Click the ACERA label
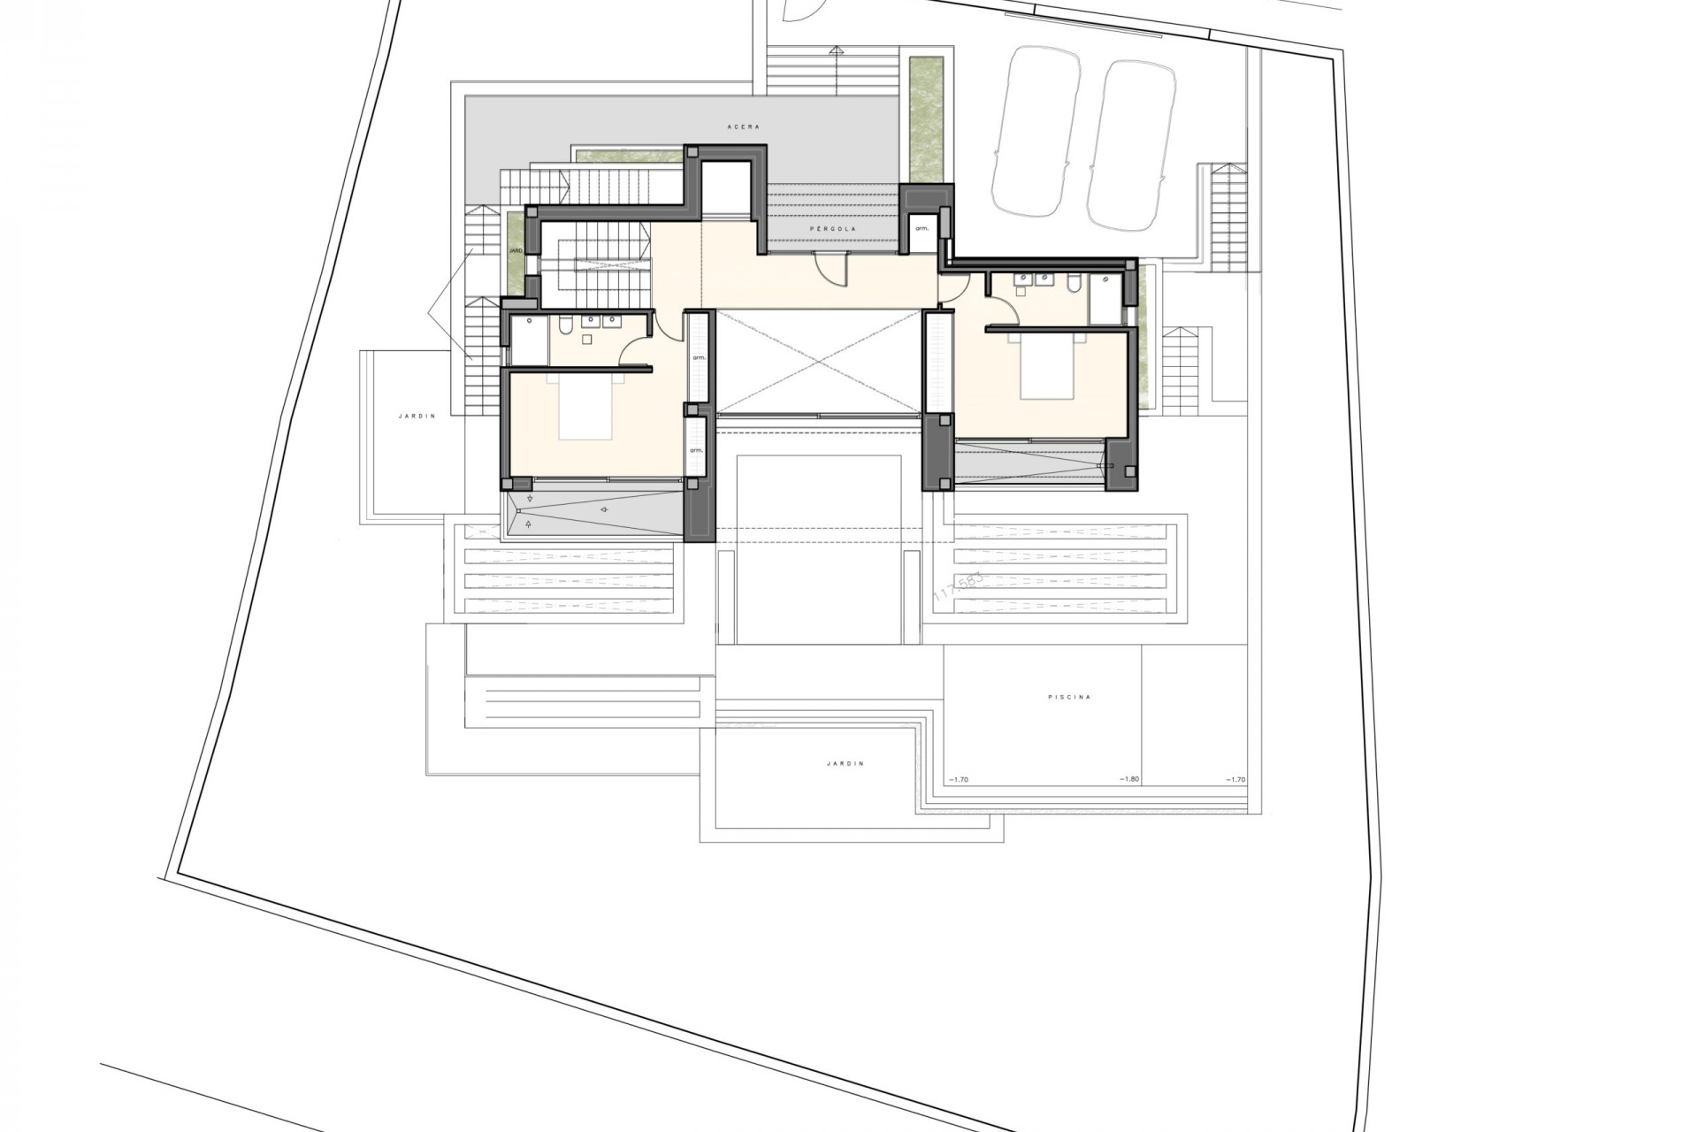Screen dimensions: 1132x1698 click(743, 127)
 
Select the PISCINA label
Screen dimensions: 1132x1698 click(1069, 697)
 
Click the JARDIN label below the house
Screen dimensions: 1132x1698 click(845, 763)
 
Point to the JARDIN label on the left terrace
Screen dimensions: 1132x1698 click(417, 416)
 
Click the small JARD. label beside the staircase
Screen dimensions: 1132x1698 click(516, 251)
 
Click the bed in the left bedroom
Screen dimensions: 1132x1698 click(587, 406)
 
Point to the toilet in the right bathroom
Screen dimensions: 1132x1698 click(1074, 284)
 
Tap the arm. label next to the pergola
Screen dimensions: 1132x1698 click(922, 228)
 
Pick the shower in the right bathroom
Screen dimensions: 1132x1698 click(1105, 299)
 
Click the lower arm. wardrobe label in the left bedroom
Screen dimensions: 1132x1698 click(697, 450)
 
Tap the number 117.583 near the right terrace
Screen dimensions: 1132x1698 click(958, 586)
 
